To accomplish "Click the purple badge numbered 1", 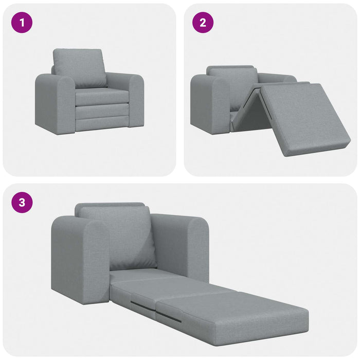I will click(22, 23).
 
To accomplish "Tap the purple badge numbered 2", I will click(203, 23).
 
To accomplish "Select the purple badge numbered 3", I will click(22, 202).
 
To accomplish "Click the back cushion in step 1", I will click(80, 67).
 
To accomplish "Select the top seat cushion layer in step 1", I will click(102, 97).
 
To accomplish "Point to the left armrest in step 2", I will click(210, 103).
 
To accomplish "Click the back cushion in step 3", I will click(118, 237).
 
